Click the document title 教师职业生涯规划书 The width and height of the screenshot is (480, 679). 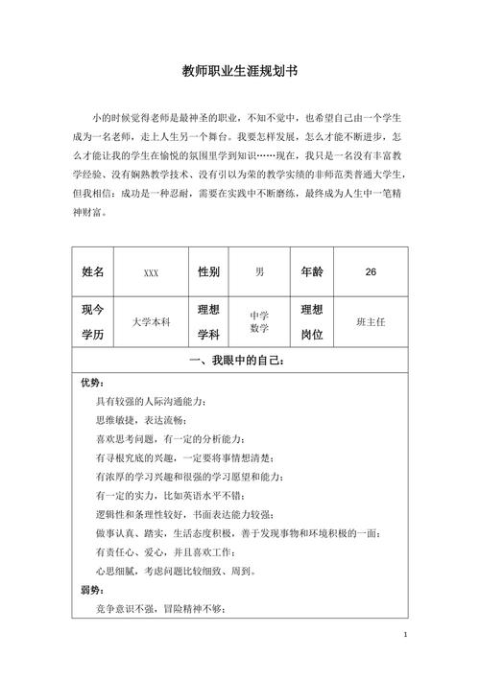(239, 71)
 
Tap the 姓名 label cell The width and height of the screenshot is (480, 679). (98, 272)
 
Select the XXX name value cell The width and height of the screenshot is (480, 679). (151, 273)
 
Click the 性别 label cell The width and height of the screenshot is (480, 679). (208, 272)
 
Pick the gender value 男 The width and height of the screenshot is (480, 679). (259, 272)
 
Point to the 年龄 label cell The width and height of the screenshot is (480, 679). (312, 272)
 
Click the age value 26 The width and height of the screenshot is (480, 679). (371, 272)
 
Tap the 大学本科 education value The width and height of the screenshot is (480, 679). (151, 323)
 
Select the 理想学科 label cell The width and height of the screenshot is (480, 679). (208, 323)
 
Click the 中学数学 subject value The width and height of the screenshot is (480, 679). (259, 322)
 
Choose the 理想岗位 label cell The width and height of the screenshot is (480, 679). (312, 323)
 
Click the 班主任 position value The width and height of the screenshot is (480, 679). (371, 322)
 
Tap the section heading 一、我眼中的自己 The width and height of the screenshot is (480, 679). (239, 361)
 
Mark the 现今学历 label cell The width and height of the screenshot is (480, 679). (98, 323)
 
